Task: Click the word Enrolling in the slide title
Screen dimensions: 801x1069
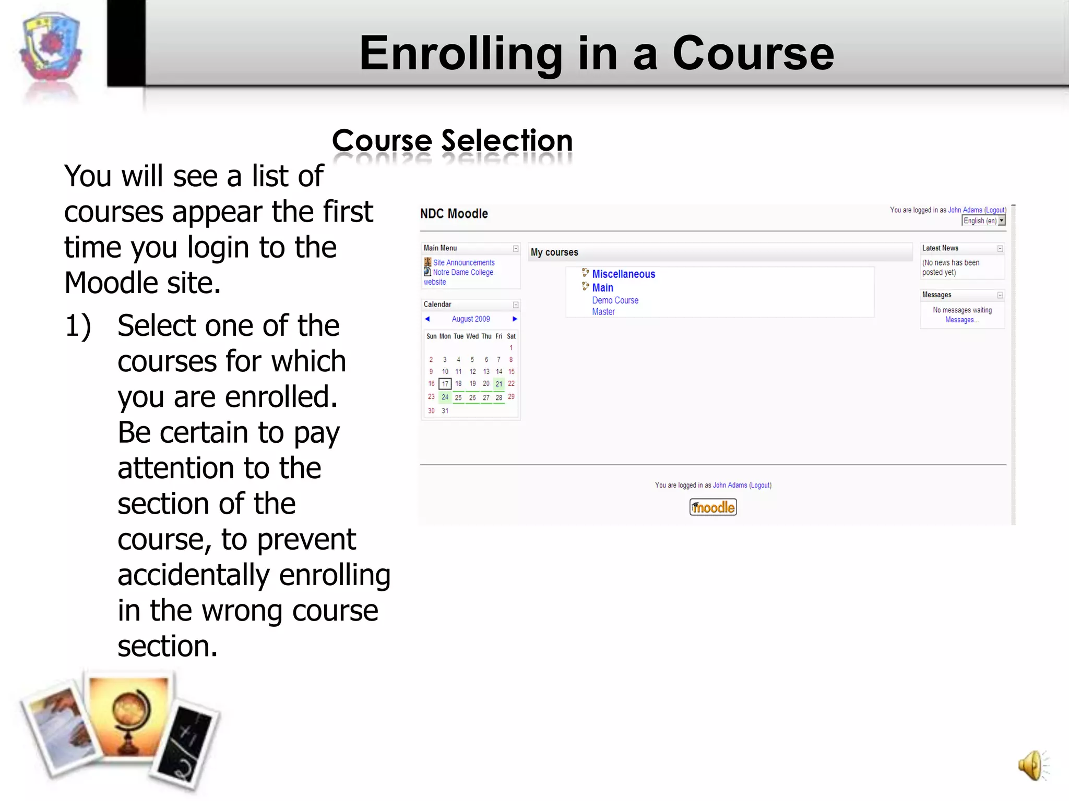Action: coord(460,53)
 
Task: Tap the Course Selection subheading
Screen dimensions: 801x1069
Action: coord(452,141)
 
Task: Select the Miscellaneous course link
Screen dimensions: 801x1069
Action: coord(623,274)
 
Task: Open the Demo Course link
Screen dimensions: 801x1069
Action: coord(615,300)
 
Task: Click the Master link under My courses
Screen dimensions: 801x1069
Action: coord(603,312)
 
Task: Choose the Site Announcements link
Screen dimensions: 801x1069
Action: coord(464,263)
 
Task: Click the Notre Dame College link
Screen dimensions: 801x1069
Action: coord(462,272)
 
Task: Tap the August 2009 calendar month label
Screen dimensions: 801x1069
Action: coord(471,319)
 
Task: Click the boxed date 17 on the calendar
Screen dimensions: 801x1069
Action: coord(445,384)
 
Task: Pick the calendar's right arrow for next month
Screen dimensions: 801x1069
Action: coord(515,319)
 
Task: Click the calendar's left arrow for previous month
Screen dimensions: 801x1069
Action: coord(427,319)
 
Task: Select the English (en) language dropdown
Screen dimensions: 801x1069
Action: coord(983,221)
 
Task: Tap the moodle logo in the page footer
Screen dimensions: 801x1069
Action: coord(713,507)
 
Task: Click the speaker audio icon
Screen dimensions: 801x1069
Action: coord(1032,766)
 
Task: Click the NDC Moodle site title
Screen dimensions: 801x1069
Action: coord(454,214)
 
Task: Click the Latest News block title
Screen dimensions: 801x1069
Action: coord(940,248)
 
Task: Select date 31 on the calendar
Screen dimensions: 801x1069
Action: coord(445,411)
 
